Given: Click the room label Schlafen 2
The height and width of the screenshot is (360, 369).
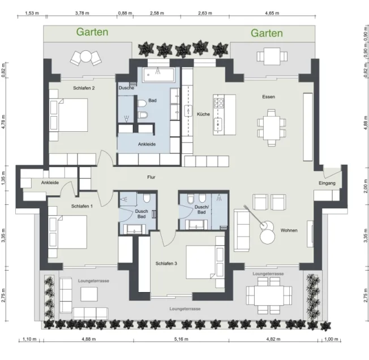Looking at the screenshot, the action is click(84, 88).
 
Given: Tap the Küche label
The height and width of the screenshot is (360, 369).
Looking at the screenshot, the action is click(203, 114).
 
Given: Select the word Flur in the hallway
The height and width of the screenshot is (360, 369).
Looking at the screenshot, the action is click(151, 177).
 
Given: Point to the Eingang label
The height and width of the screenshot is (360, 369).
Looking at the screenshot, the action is click(327, 183).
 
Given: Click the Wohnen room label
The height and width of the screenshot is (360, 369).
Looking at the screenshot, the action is click(289, 230).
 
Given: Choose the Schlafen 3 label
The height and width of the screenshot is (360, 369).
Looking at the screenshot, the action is click(166, 264).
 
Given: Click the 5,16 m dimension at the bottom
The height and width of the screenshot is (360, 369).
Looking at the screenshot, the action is click(181, 339).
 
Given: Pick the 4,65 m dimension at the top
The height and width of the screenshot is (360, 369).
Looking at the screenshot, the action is click(272, 13).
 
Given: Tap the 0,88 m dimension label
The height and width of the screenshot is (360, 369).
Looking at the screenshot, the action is click(125, 13).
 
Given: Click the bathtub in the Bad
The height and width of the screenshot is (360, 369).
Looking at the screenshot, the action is click(158, 75).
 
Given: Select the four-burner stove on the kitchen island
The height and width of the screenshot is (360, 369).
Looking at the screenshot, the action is click(218, 103).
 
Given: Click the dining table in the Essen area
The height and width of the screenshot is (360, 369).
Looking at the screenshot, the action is click(271, 128).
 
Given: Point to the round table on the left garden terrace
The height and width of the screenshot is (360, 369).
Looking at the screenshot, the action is click(85, 57).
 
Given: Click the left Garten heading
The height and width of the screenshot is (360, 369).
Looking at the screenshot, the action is click(92, 32).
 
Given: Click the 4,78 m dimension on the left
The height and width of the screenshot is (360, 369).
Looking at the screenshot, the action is click(3, 122).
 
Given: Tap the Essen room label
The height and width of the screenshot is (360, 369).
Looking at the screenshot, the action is click(268, 97).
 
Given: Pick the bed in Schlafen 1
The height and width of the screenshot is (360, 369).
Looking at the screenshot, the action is click(67, 232).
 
